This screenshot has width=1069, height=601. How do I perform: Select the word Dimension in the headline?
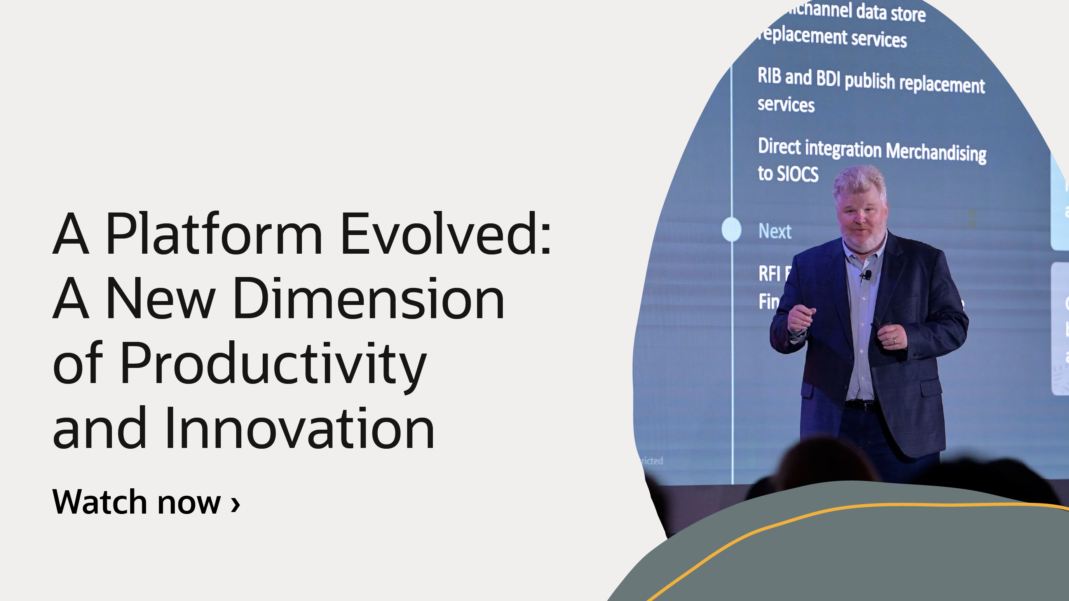point(368,300)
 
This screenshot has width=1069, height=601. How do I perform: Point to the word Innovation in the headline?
point(299,429)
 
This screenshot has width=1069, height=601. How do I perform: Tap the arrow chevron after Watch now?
point(235,504)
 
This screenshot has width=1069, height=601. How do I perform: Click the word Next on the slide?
point(774,232)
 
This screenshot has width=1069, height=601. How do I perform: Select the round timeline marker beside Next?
point(731,229)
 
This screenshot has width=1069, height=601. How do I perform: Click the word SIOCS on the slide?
point(797,174)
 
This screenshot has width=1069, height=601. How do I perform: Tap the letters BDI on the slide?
point(828,78)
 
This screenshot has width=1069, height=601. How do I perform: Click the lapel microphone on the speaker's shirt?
point(867,275)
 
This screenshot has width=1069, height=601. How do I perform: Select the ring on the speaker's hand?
point(894,341)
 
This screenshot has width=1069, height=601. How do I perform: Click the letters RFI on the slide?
point(769,274)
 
